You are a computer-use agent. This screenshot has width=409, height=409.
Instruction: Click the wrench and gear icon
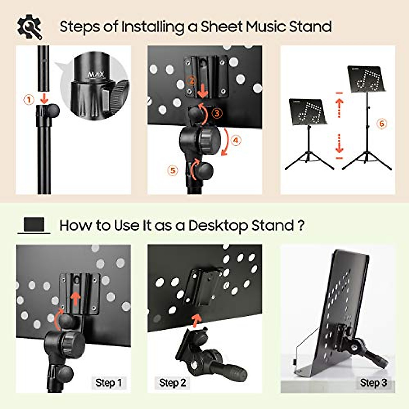tap(30, 27)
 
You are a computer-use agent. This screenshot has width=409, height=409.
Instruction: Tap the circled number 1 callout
tap(29, 100)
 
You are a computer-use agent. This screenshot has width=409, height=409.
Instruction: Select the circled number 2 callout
tap(192, 81)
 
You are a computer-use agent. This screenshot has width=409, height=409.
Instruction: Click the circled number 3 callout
tap(217, 113)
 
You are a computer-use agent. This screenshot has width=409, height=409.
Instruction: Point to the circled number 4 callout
tap(236, 140)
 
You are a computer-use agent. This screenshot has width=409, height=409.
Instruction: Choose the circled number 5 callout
tap(173, 170)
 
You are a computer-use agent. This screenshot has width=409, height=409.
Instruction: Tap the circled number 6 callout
tap(382, 123)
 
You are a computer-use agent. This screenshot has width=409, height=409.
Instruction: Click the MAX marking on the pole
tap(96, 74)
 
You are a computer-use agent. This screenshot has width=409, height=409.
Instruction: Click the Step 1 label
tap(108, 383)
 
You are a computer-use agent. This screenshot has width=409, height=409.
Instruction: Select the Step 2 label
tap(172, 383)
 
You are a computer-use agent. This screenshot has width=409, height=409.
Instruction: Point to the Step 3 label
tap(373, 383)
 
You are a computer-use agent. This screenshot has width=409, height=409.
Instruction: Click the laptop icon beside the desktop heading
tap(34, 226)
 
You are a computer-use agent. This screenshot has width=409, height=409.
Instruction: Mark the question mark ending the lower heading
tap(301, 226)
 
